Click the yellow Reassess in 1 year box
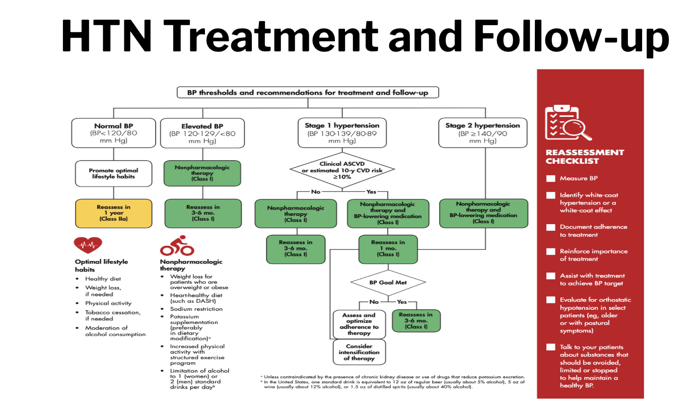pyautogui.click(x=114, y=214)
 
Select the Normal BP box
pyautogui.click(x=114, y=133)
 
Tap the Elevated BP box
pyautogui.click(x=202, y=133)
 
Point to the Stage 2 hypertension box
pyautogui.click(x=483, y=132)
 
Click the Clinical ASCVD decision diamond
pyautogui.click(x=342, y=170)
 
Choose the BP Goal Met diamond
pyautogui.click(x=388, y=283)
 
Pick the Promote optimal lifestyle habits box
pyautogui.click(x=114, y=173)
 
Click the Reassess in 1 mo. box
pyautogui.click(x=388, y=249)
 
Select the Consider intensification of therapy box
pyautogui.click(x=359, y=352)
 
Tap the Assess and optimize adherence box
pyautogui.click(x=359, y=324)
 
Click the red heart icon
pyautogui.click(x=88, y=245)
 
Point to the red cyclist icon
pyautogui.click(x=177, y=246)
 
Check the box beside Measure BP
pyautogui.click(x=551, y=178)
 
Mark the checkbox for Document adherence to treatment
pyautogui.click(x=551, y=227)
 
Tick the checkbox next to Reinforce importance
pyautogui.click(x=551, y=251)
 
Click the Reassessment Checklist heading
pyautogui.click(x=585, y=157)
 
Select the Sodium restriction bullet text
pyautogui.click(x=196, y=309)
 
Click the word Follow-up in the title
pyautogui.click(x=571, y=37)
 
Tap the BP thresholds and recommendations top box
pyautogui.click(x=308, y=93)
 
